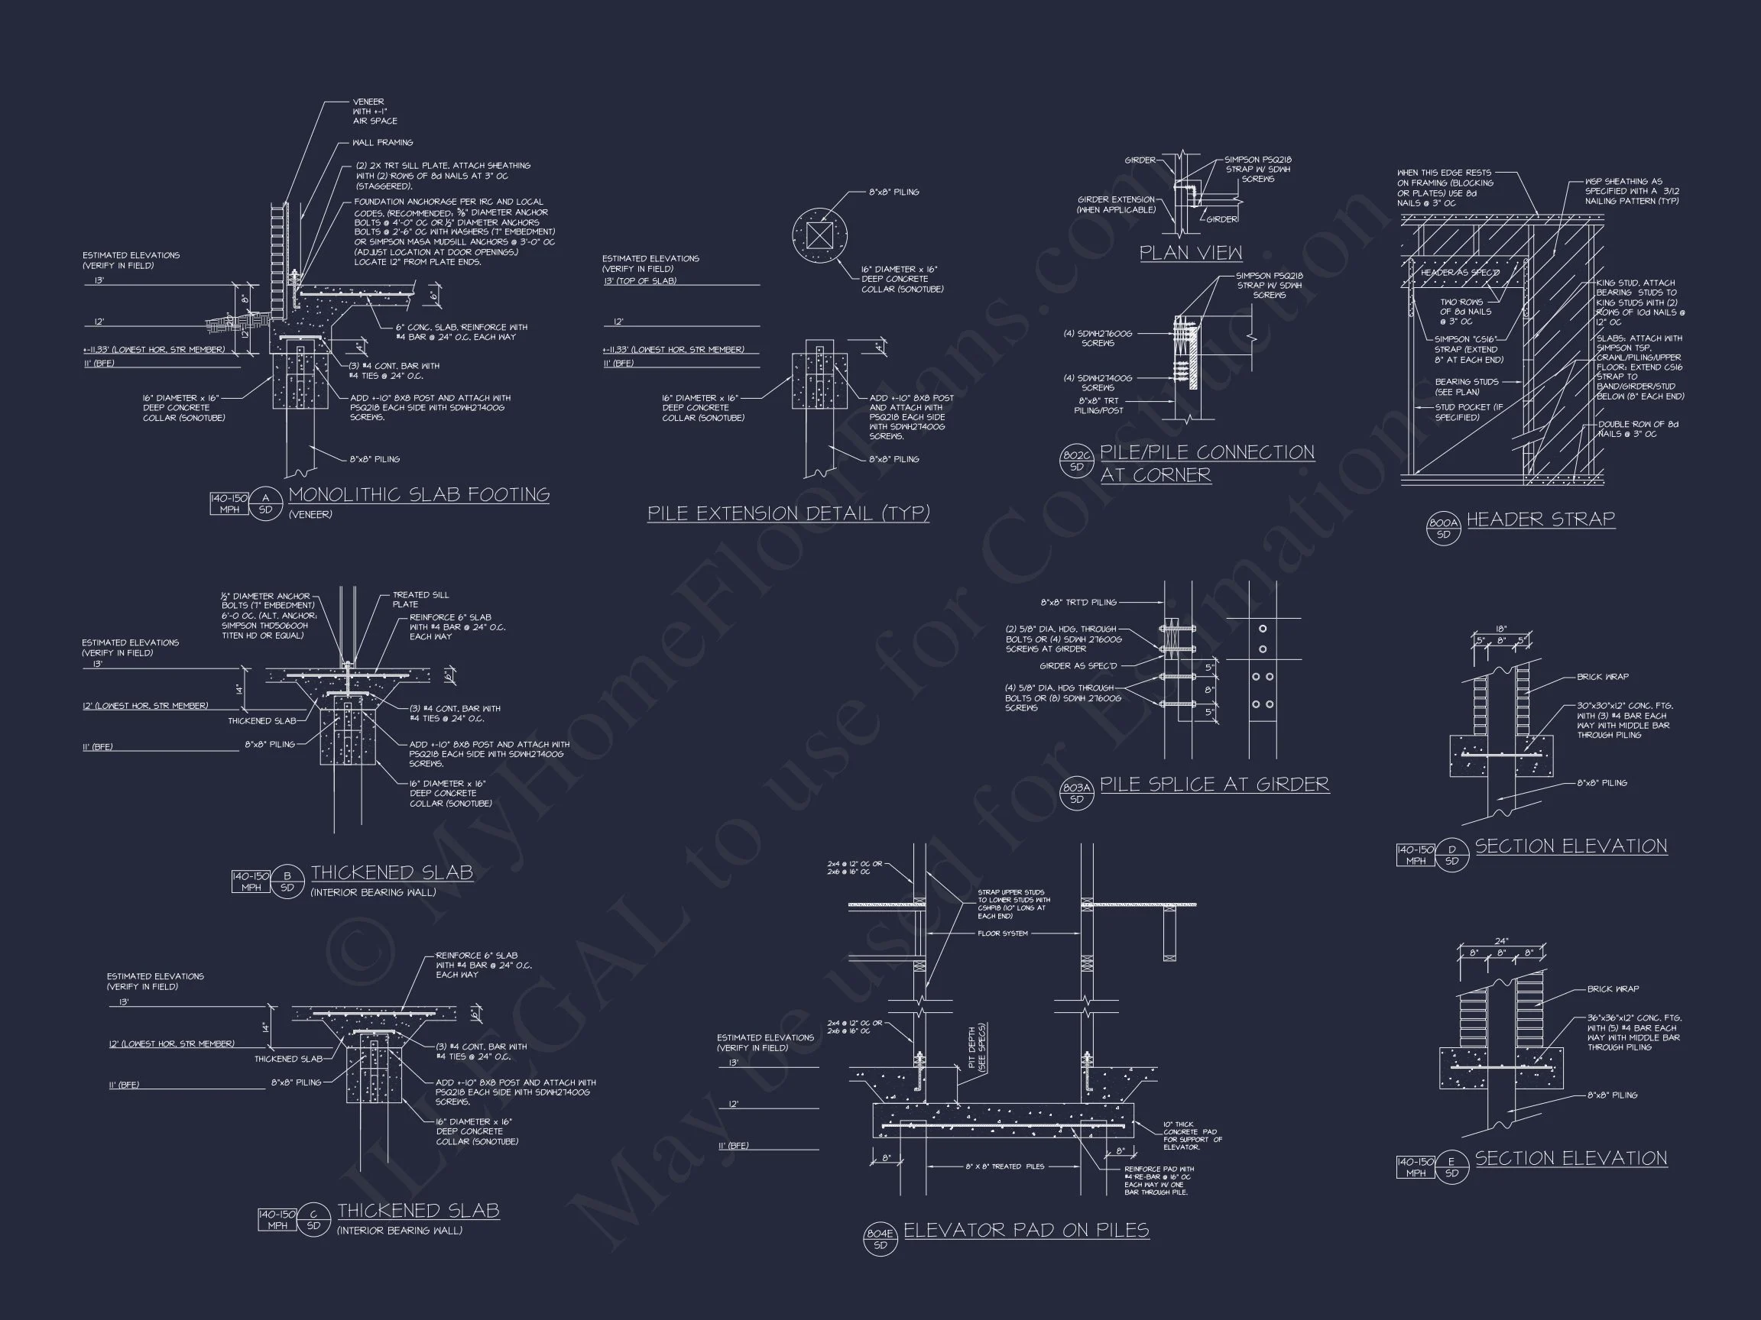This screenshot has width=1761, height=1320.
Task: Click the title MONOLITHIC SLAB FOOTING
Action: pos(419,495)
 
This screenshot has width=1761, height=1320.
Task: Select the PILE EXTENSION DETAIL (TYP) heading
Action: pos(788,514)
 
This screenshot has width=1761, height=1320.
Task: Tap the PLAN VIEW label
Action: pos(1190,253)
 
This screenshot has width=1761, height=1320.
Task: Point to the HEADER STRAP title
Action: pos(1540,519)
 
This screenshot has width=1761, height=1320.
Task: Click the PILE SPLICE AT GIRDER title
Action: pos(1214,785)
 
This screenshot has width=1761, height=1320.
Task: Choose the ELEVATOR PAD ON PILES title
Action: pos(1026,1230)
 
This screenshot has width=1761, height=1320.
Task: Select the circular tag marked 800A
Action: pos(1443,529)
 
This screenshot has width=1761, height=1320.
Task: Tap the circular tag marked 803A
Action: pos(1076,793)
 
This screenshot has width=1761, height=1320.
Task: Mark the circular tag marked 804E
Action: pos(880,1239)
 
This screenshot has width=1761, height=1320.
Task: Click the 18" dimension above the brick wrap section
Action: pos(1500,629)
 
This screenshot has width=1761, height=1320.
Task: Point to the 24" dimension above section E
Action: pos(1500,941)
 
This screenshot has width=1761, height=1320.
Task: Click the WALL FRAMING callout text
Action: pos(383,142)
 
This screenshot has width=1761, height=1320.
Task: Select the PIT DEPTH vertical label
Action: pos(976,1048)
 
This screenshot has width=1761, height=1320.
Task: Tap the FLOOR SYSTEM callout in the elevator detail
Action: pos(1002,933)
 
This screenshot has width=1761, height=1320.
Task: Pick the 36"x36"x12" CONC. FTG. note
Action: pos(1633,1032)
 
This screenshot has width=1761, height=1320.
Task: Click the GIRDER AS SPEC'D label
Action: pos(1078,666)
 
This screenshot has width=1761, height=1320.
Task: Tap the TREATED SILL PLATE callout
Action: pos(420,599)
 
